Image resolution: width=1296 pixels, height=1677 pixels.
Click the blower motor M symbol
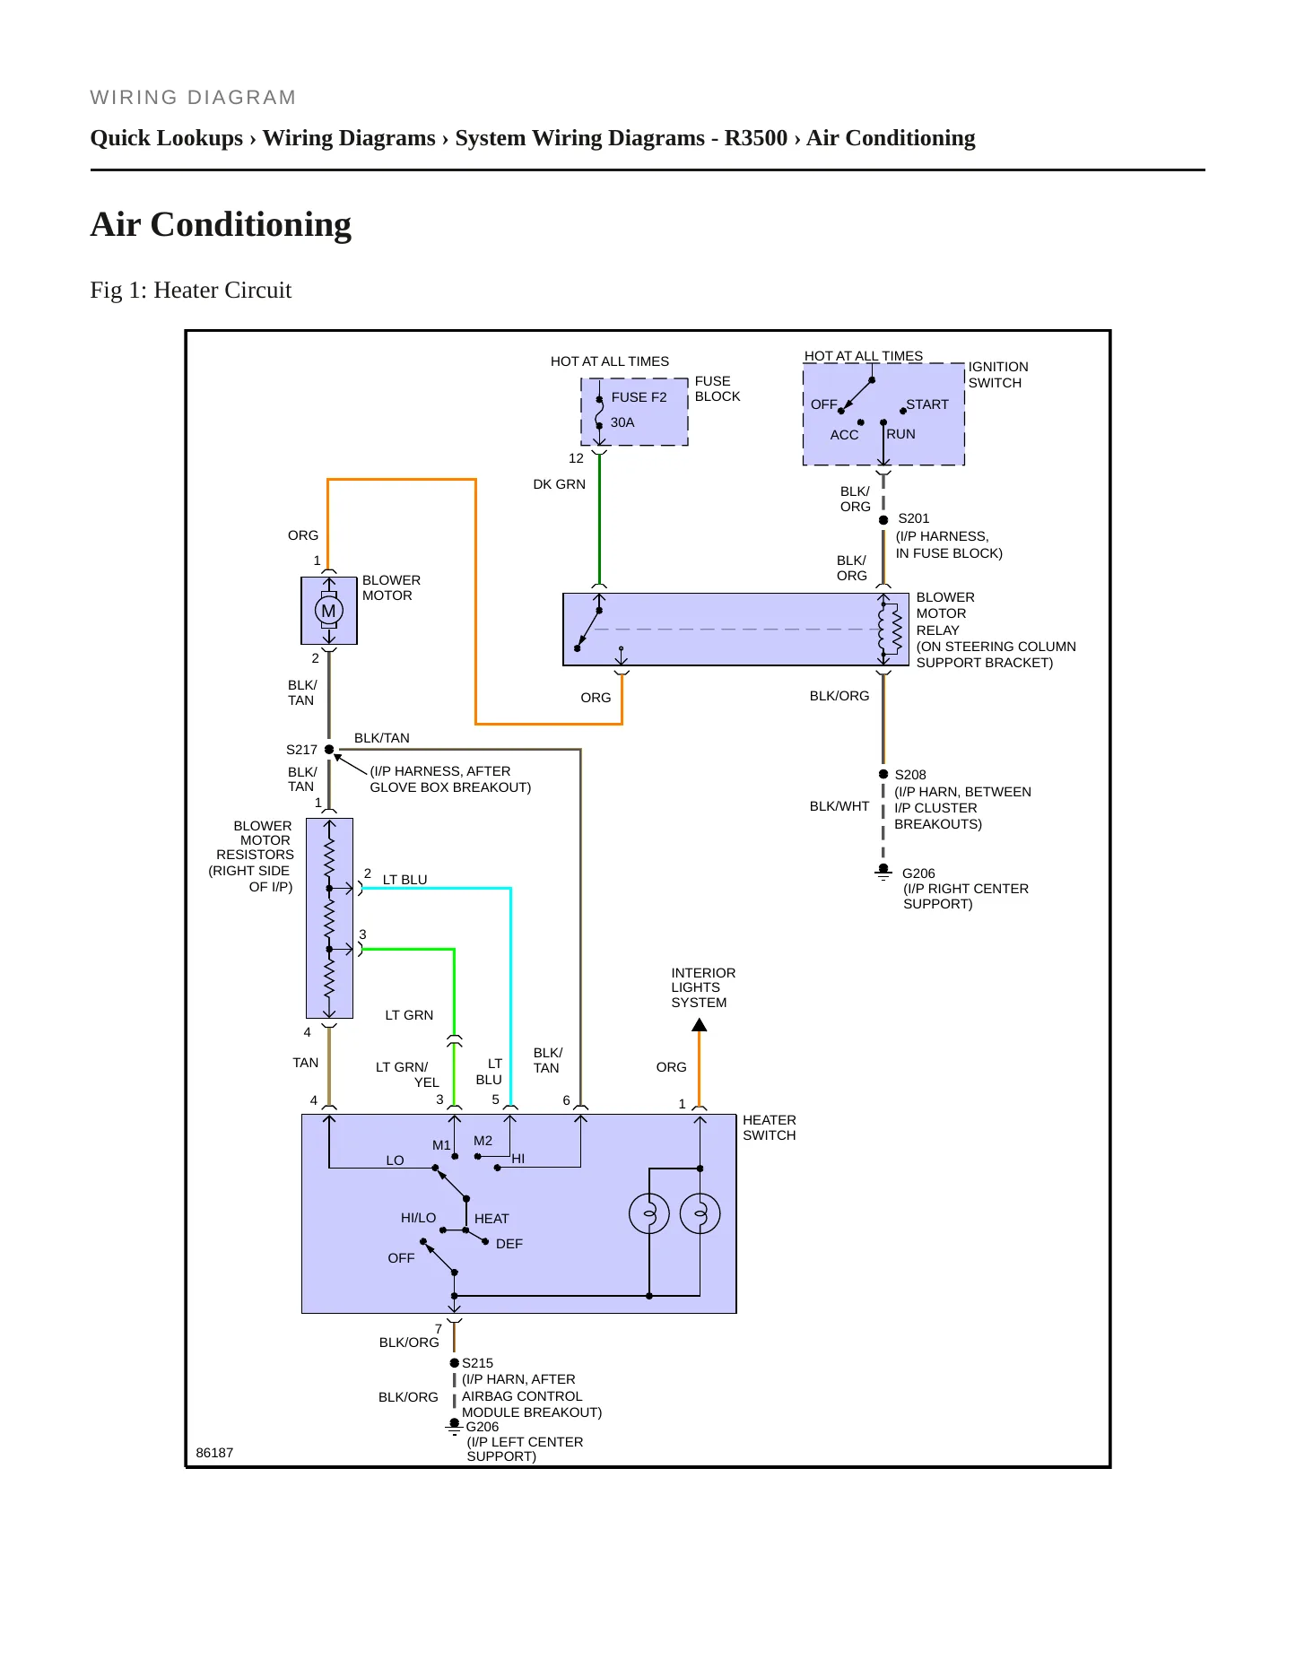pos(329,611)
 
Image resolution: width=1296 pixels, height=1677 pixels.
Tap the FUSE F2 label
pos(639,397)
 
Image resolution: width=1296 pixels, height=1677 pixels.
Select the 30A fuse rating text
pos(622,422)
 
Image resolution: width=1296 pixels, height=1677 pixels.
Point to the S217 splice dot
pos(329,750)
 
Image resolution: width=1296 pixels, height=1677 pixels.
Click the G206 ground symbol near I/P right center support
pos(883,871)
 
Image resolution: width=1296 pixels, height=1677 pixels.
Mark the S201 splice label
pos(914,518)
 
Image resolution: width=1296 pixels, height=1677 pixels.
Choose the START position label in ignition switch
pos(927,404)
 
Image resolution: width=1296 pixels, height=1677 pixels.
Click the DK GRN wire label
pos(560,484)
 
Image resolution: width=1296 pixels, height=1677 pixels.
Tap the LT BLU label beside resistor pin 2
pos(405,880)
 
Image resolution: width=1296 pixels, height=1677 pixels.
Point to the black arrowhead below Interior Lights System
pos(700,1025)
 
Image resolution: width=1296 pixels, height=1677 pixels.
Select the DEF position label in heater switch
pos(509,1244)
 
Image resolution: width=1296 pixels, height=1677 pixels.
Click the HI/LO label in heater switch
pos(419,1218)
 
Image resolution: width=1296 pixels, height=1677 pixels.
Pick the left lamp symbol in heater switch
pos(649,1214)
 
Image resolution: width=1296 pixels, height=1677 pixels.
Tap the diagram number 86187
pos(214,1453)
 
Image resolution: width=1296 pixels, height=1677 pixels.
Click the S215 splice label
pos(478,1363)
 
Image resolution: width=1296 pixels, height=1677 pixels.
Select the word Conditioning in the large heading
pos(251,224)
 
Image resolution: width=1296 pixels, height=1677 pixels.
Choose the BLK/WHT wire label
pos(839,806)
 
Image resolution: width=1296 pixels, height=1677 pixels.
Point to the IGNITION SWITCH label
pos(998,375)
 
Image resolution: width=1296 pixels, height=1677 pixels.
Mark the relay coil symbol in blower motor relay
pos(889,630)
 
